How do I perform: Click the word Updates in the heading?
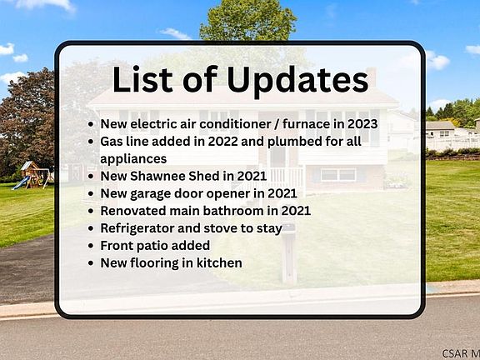pos(297,80)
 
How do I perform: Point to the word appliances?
pos(133,159)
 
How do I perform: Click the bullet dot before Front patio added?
pos(91,246)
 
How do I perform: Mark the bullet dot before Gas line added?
pos(91,142)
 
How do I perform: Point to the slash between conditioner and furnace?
pos(277,124)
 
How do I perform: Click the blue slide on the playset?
pos(20,182)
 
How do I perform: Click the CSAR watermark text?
pos(461,353)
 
